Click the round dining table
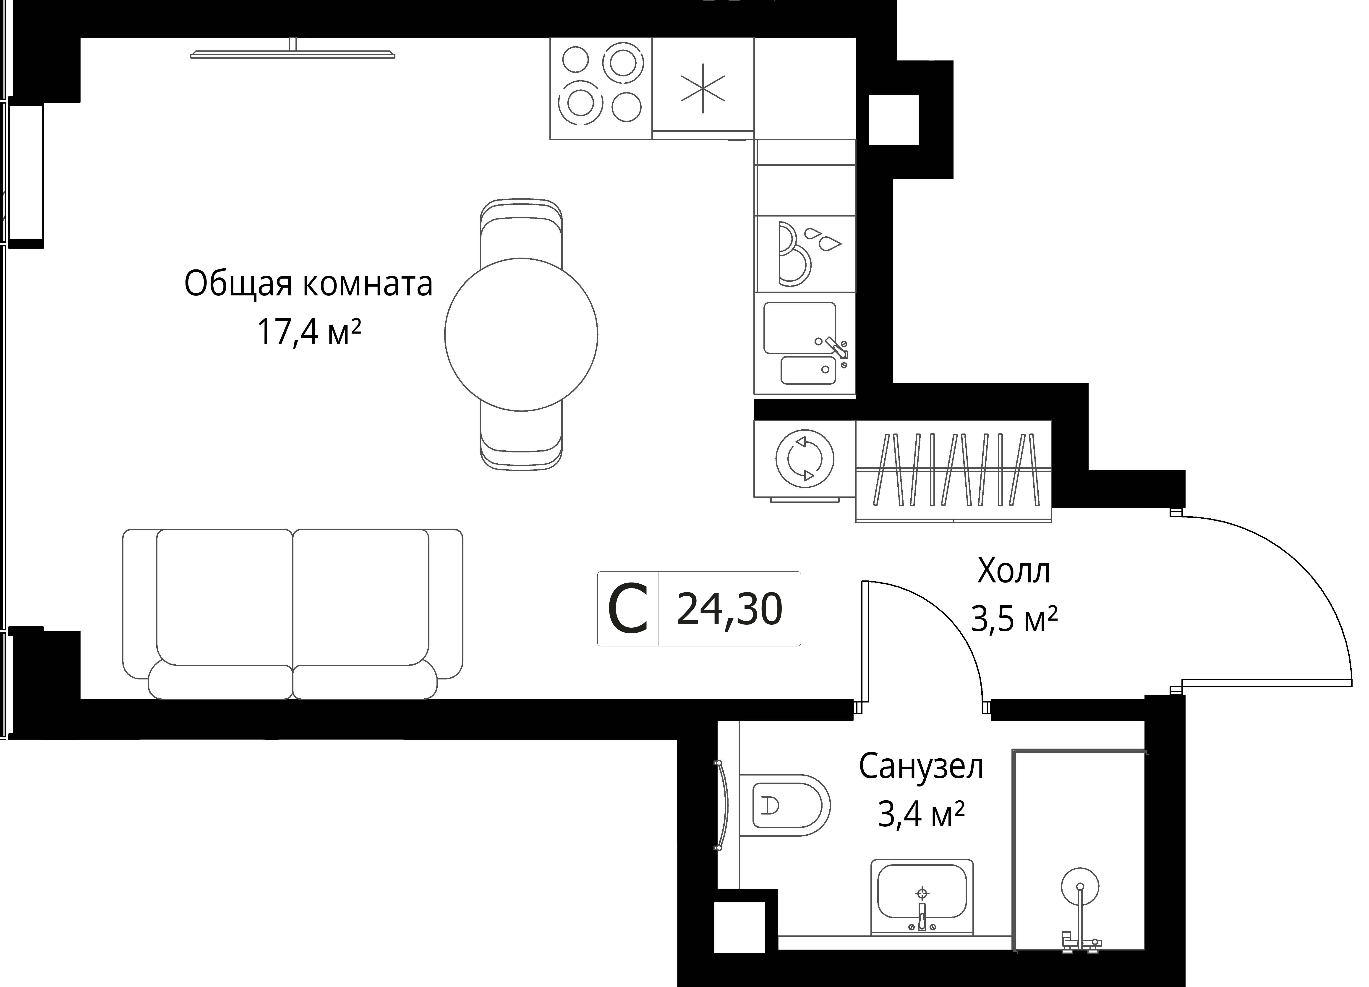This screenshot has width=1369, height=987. tap(521, 334)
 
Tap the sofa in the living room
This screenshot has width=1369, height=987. tap(293, 614)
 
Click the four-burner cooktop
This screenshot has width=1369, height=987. tap(601, 88)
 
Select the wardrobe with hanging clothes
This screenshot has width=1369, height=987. tap(954, 471)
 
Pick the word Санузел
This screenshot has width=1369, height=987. tap(921, 767)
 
